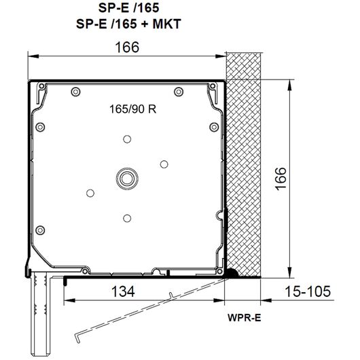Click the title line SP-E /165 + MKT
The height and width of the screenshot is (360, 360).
coord(128,24)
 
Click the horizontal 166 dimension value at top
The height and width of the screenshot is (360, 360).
coord(127,47)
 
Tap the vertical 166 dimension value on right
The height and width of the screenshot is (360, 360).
coord(281,179)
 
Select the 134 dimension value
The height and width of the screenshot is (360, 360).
coord(123,291)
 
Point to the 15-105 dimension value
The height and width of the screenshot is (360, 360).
coord(308,291)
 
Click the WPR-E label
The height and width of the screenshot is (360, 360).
coord(245,318)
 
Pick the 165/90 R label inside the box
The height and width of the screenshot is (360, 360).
coord(132,109)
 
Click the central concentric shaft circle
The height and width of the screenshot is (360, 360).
coord(127,179)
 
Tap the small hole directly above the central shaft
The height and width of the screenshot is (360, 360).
coord(127,139)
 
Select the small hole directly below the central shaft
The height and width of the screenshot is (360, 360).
coord(127,218)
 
